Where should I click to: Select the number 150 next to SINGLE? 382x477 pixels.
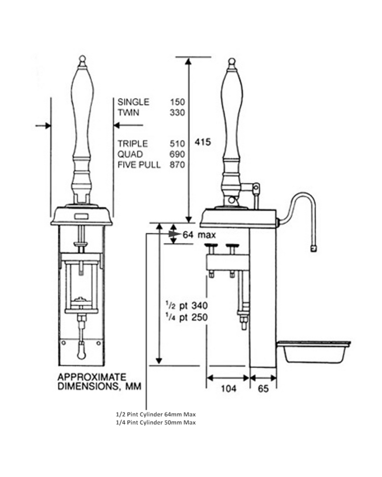coord(177,102)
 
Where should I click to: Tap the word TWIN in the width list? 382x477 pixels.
coord(128,113)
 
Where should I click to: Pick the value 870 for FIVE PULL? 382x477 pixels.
coord(177,165)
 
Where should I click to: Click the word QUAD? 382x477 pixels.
coord(130,154)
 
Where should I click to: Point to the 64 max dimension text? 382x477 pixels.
coord(199,235)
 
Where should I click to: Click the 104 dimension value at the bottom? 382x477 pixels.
coord(228,389)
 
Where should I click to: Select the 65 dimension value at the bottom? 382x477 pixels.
coord(263,389)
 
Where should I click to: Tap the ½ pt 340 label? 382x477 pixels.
coord(186,306)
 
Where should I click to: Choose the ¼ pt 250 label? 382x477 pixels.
coord(186,317)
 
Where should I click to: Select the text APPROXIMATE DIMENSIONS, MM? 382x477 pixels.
coord(99,382)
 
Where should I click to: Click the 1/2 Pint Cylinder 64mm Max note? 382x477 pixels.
coord(155,415)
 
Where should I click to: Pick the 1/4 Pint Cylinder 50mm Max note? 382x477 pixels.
coord(155,423)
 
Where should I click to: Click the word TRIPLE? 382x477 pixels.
coord(133,144)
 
